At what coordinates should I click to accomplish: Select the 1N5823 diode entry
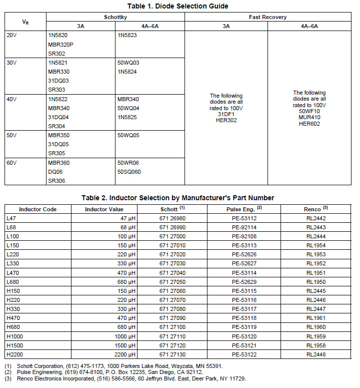coord(127,36)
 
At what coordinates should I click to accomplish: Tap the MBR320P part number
coord(60,45)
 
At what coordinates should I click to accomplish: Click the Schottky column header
coord(115,17)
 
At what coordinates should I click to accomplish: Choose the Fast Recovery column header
coord(267,17)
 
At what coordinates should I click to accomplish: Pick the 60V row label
coord(11,163)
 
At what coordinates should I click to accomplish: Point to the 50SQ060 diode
coord(129,172)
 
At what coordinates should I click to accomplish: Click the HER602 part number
coord(309,124)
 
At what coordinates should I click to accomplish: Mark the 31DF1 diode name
coord(226,114)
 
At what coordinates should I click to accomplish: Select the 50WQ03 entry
coord(128,63)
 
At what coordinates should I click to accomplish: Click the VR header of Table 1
coord(25,22)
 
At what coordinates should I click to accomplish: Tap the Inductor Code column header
coord(38,209)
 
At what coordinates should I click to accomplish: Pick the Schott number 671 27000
coord(172,236)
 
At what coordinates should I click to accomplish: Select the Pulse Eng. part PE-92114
coord(244,227)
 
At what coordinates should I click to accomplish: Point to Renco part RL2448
coord(316,354)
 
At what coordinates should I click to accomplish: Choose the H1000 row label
coord(14,336)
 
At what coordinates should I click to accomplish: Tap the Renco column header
coord(315,209)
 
